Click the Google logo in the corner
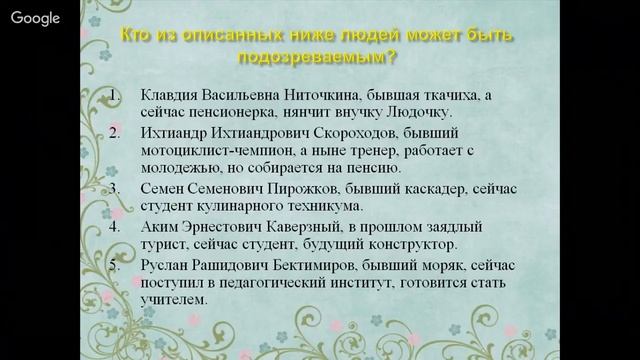tap(36, 19)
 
